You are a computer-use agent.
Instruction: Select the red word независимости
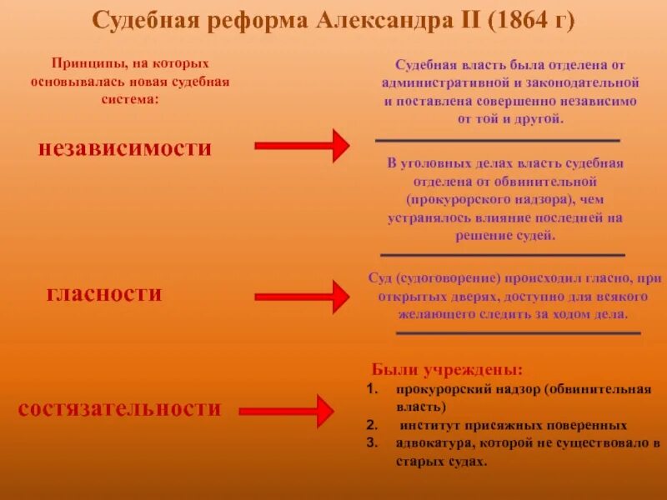(125, 148)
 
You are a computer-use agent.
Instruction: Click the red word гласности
(104, 294)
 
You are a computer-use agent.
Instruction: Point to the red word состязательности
(120, 408)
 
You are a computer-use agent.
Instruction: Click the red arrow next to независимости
(301, 146)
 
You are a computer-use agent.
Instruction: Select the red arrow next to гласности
(301, 297)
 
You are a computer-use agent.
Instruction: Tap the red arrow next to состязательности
(288, 411)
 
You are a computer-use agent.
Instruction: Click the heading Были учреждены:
(448, 370)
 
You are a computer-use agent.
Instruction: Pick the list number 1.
(371, 389)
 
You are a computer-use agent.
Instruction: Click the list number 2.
(371, 423)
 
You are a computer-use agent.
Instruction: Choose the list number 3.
(371, 442)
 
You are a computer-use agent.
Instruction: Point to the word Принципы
(84, 63)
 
